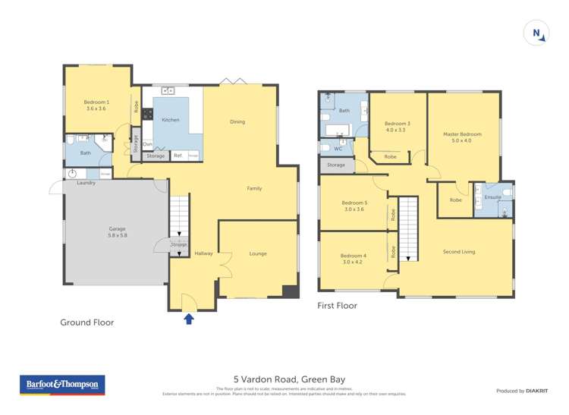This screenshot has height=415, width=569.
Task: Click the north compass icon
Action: click(x=536, y=33)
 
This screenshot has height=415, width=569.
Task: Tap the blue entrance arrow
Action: click(x=189, y=319)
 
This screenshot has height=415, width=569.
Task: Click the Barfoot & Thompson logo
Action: click(x=62, y=385)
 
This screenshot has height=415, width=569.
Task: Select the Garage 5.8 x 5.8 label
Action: click(x=116, y=232)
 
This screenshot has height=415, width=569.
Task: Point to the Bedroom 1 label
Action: click(x=97, y=105)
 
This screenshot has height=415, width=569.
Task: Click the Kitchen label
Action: click(x=171, y=120)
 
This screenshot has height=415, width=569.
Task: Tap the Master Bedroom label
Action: click(x=462, y=137)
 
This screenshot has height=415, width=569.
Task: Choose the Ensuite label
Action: click(x=493, y=197)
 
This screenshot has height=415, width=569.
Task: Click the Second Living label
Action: click(x=459, y=251)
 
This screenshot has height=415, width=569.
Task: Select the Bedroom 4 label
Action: click(x=354, y=259)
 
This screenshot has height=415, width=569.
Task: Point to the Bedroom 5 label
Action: click(x=354, y=206)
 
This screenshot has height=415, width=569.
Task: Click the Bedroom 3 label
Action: click(x=397, y=127)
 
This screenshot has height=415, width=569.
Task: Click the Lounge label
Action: click(x=257, y=253)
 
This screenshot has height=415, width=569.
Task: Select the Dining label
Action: click(x=237, y=121)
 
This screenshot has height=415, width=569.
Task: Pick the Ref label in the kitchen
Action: click(x=178, y=156)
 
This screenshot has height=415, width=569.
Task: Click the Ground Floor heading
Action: click(x=87, y=322)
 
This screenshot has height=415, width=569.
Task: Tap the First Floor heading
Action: click(x=337, y=306)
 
